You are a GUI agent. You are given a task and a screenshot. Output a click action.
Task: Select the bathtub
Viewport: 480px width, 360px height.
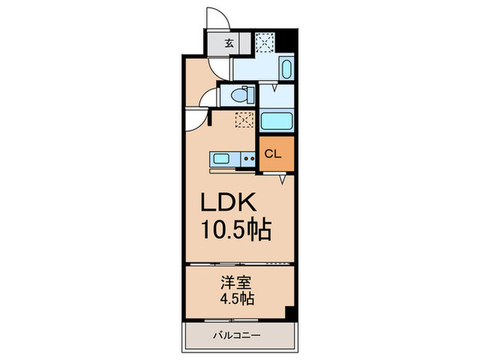pos(277,121)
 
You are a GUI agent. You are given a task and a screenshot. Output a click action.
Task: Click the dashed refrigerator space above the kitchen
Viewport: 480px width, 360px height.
pos(243,119)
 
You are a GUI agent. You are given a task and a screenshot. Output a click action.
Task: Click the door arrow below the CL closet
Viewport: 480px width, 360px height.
pos(283,180)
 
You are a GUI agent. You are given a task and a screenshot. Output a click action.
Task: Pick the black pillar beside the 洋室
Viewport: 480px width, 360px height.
pos(291,313)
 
